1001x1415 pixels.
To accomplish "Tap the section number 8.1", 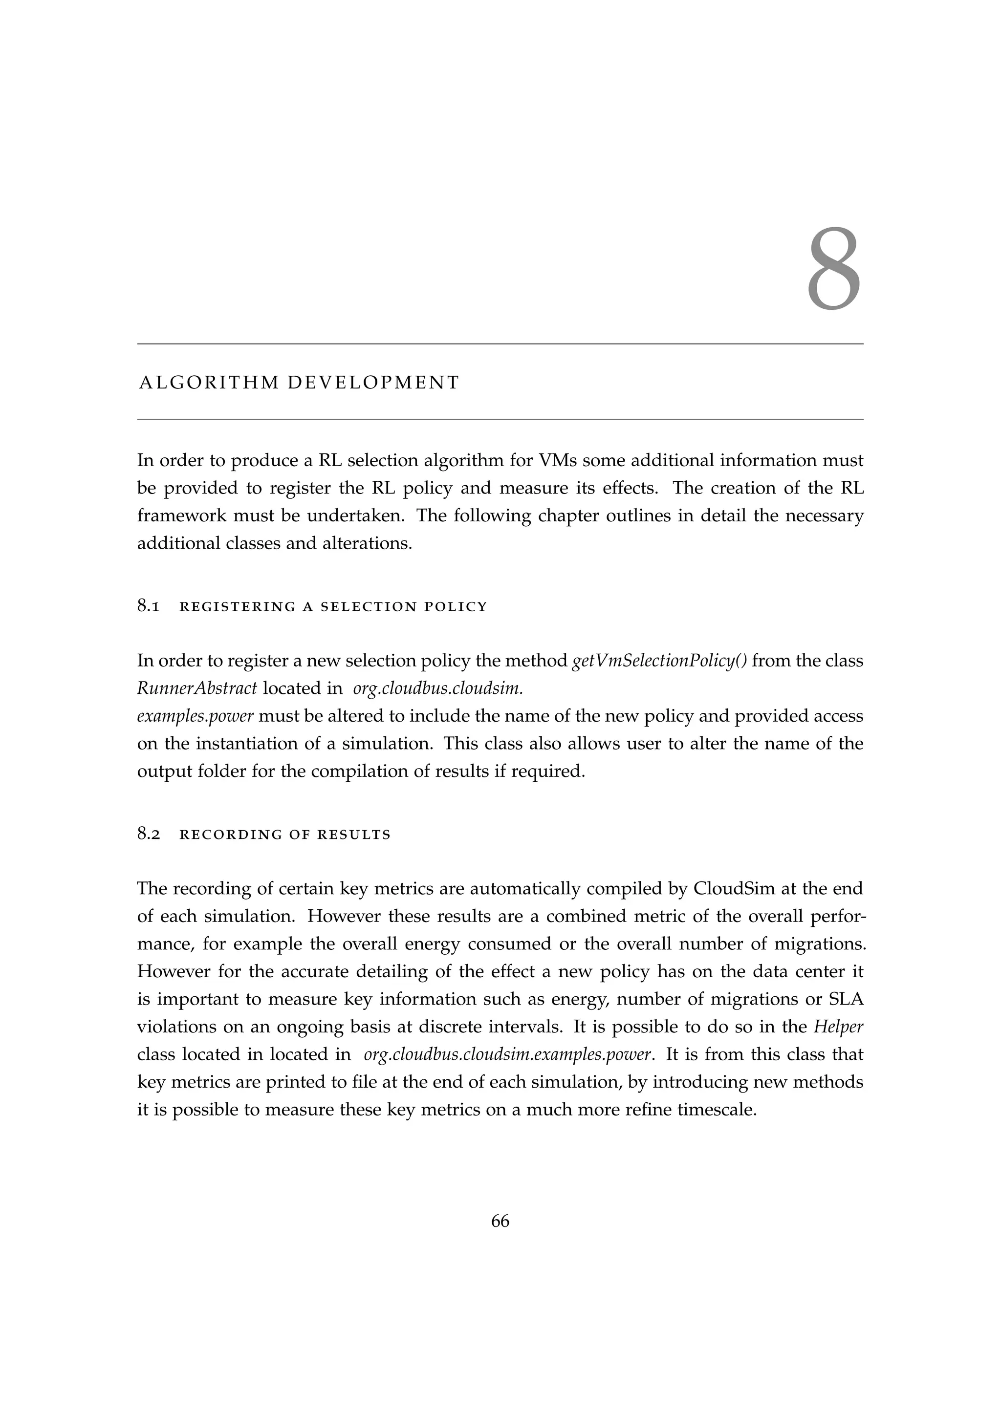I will click(149, 606).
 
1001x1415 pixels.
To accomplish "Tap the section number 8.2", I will click(149, 835).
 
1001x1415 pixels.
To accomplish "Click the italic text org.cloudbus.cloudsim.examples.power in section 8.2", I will click(507, 1054).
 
